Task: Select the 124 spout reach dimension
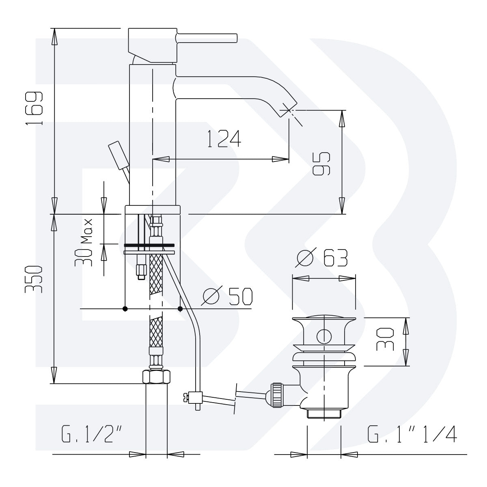(224, 139)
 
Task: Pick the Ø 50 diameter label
(227, 297)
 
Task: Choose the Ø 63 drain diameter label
(322, 259)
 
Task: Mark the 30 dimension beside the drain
(385, 339)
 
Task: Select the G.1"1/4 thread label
(412, 434)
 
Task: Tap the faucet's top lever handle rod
(207, 38)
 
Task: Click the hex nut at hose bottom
(156, 377)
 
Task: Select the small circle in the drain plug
(323, 336)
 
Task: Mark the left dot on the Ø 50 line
(125, 309)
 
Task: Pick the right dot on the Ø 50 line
(180, 309)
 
